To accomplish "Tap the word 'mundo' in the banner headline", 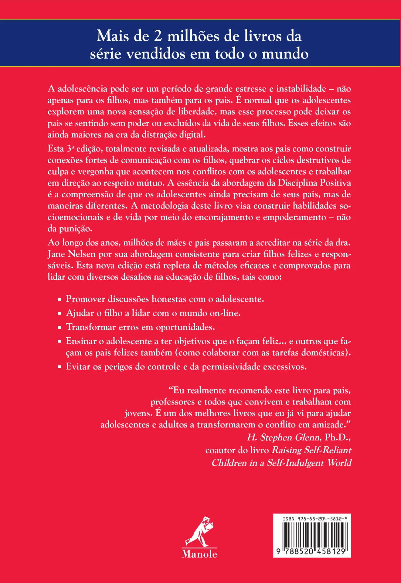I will pos(285,54).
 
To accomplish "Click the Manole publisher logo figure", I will pos(199,531).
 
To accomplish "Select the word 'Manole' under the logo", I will pos(199,554).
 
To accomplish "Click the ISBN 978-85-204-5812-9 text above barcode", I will pos(315,519).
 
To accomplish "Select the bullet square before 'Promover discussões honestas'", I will pos(60,299).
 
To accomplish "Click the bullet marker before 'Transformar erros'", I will pos(60,327).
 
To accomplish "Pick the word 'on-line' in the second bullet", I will pos(225,313).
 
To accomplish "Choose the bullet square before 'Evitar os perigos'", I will pos(60,367).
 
